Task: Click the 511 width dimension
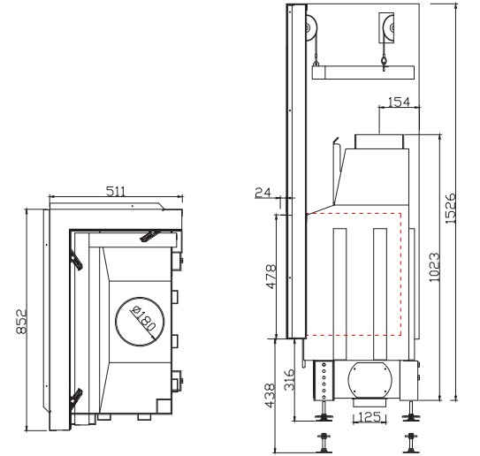point(116,191)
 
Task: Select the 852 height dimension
point(22,322)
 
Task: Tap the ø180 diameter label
point(142,319)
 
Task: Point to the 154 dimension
point(399,102)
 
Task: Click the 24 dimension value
point(263,193)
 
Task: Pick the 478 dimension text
point(271,277)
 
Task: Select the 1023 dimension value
point(434,267)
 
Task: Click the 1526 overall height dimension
point(450,208)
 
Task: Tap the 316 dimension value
point(289,379)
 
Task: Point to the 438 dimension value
point(270,396)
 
